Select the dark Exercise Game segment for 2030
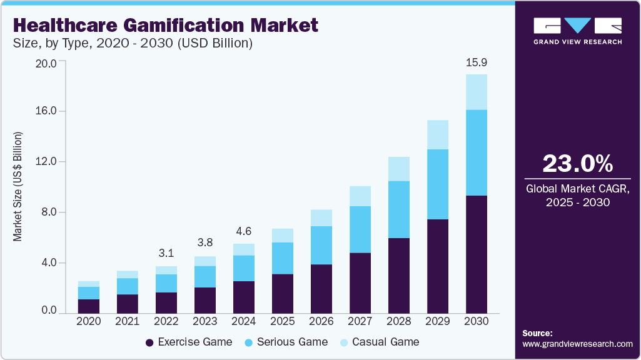click(x=477, y=254)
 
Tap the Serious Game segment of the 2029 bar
click(x=438, y=184)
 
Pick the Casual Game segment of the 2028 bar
click(x=399, y=169)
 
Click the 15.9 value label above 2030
click(x=477, y=63)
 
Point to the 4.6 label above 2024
click(x=244, y=232)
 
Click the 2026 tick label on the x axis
click(x=321, y=321)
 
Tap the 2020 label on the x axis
click(x=89, y=321)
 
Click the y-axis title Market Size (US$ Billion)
click(x=18, y=187)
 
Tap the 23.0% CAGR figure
click(x=577, y=164)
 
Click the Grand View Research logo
click(x=577, y=31)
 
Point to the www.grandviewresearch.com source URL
click(x=577, y=344)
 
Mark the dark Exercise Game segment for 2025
click(x=283, y=293)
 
